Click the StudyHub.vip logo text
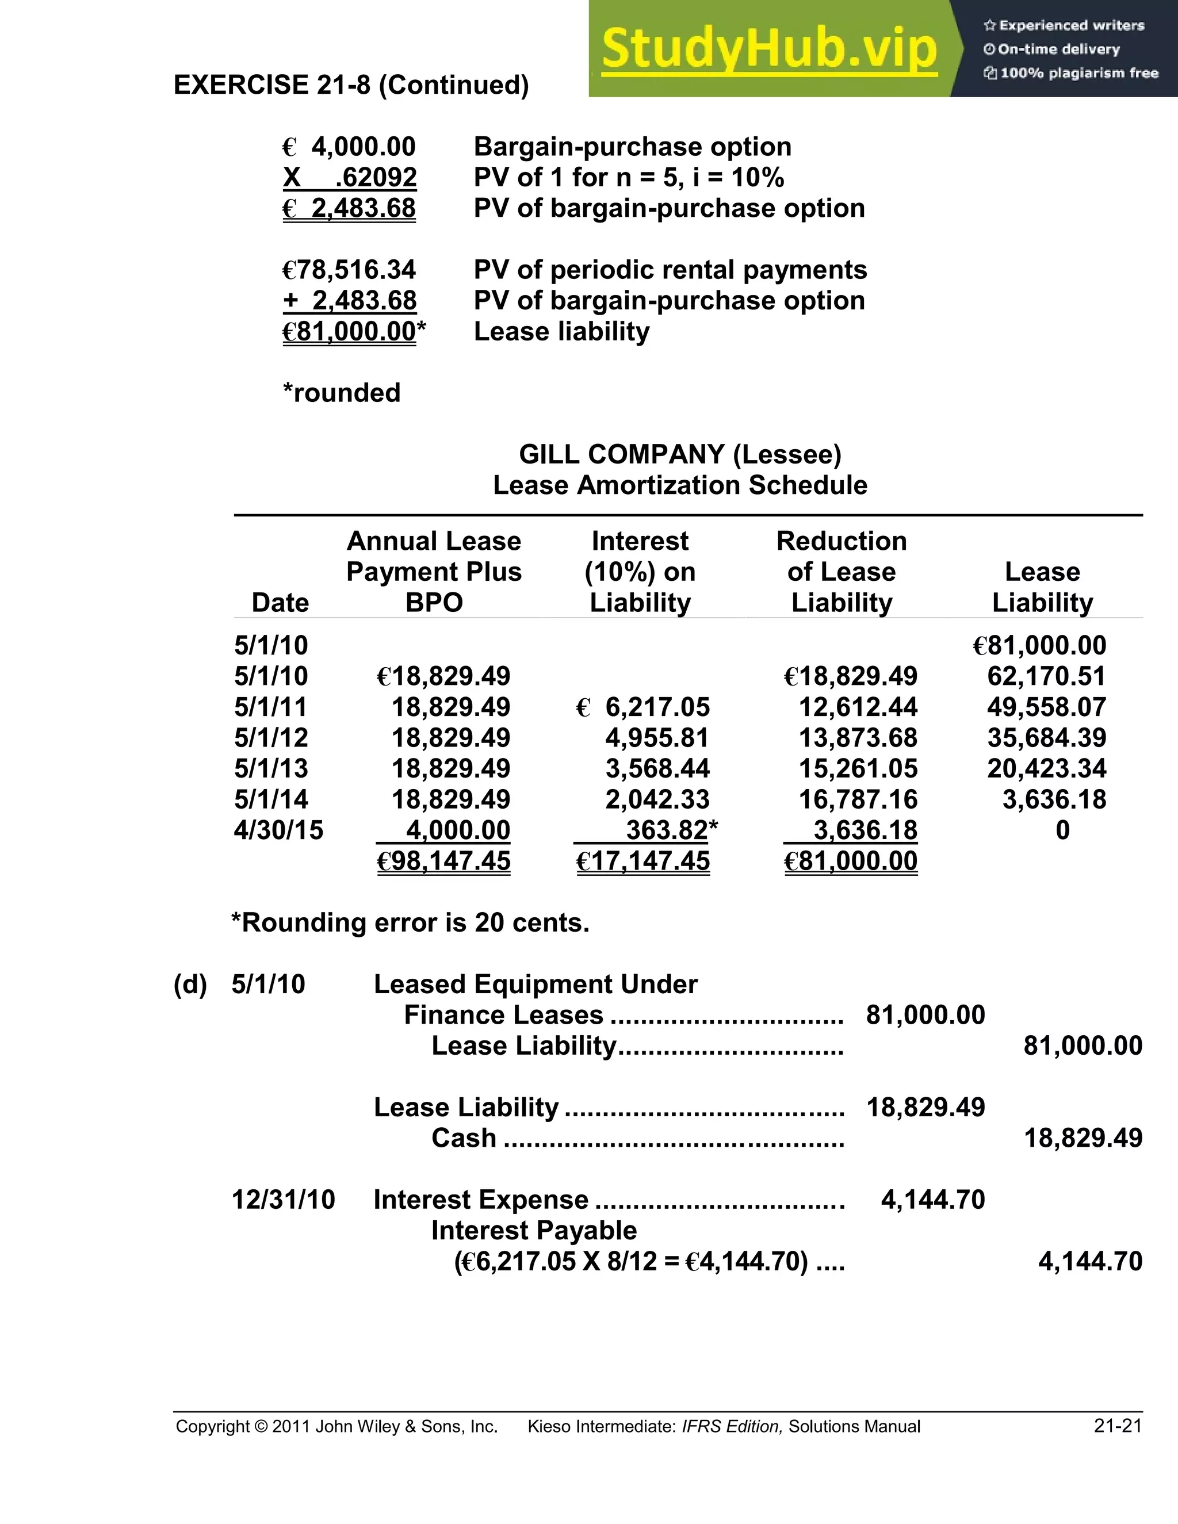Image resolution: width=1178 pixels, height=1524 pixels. coord(768,49)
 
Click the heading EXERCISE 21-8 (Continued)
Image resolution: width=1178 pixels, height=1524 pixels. coord(351,85)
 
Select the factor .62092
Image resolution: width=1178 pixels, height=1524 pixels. coord(376,178)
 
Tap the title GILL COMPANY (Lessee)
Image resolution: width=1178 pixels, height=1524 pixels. coord(680,454)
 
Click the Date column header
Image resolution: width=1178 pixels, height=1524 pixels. coord(280,602)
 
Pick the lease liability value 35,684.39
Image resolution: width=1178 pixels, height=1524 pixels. coord(1046,738)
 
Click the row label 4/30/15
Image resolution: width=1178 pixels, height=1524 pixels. coord(278,830)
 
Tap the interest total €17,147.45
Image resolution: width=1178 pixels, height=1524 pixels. coord(642,861)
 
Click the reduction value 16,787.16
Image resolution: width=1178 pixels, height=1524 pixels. coord(858,799)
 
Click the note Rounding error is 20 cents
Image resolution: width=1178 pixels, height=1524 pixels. coord(410,922)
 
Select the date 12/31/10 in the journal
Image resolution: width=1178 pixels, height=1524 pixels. coord(284,1200)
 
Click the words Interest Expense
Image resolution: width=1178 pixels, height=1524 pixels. coord(481,1200)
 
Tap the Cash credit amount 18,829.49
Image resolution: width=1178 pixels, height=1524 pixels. coord(1083,1138)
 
